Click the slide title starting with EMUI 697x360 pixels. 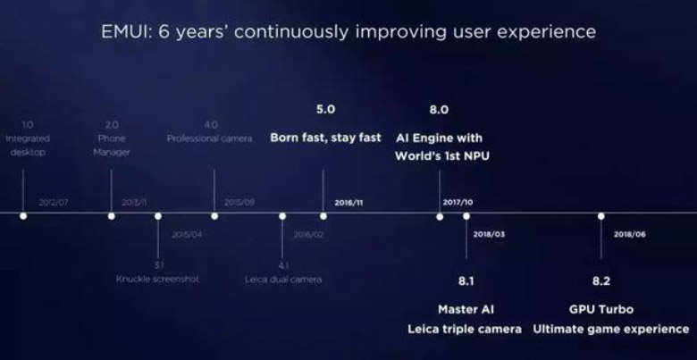pyautogui.click(x=348, y=32)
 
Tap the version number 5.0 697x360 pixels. pyautogui.click(x=325, y=110)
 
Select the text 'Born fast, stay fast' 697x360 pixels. pyautogui.click(x=325, y=138)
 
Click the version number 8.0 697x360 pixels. pyautogui.click(x=439, y=110)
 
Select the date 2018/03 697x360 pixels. pyautogui.click(x=490, y=234)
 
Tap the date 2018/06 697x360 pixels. pyautogui.click(x=629, y=234)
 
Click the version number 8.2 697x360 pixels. pyautogui.click(x=600, y=281)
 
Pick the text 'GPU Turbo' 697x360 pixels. pyautogui.click(x=600, y=309)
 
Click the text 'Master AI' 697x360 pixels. pyautogui.click(x=466, y=309)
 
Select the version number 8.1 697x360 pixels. pyautogui.click(x=466, y=281)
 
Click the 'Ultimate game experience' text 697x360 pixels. pyautogui.click(x=611, y=330)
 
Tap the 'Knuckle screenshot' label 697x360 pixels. pyautogui.click(x=157, y=280)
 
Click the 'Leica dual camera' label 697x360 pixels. pyautogui.click(x=282, y=280)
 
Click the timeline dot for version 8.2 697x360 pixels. pyautogui.click(x=600, y=216)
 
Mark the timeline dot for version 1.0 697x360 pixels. pyautogui.click(x=23, y=216)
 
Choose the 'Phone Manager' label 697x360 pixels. pyautogui.click(x=113, y=145)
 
